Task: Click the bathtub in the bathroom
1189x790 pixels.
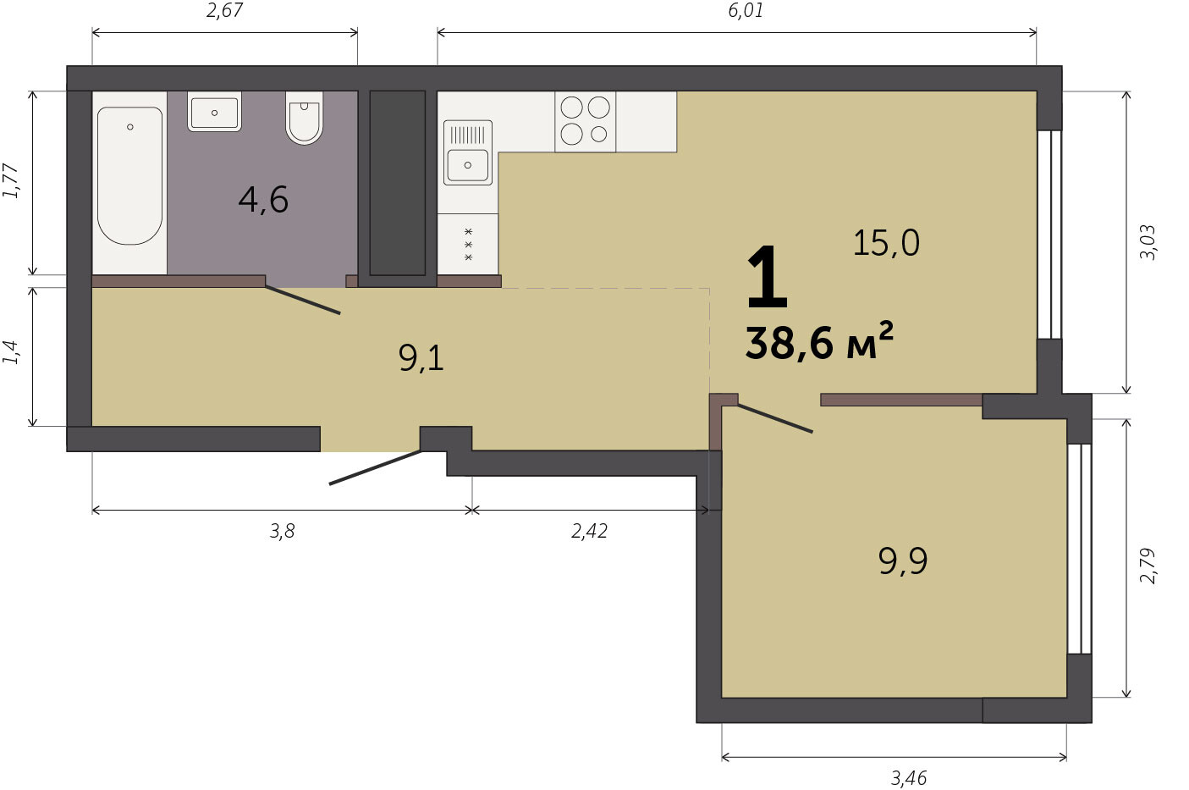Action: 130,176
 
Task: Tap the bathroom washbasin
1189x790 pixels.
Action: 214,112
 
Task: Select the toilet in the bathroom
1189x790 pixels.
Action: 304,118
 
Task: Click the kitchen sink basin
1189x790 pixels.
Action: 468,165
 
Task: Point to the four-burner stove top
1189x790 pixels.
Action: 586,122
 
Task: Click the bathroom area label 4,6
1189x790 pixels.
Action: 263,201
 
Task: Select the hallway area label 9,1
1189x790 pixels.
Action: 421,358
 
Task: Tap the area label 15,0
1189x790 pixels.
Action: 886,243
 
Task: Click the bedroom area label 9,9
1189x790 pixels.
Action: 902,561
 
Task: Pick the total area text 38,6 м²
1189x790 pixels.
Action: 819,341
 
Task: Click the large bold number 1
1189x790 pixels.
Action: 767,278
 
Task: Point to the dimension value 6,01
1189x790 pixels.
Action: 746,11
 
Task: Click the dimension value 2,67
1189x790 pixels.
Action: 224,11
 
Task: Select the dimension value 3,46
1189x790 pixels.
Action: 908,778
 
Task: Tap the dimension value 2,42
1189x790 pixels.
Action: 589,531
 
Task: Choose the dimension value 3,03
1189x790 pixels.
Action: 1147,242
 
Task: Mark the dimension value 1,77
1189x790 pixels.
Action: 11,181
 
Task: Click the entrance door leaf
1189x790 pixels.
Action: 376,467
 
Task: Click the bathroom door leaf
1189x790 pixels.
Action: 303,301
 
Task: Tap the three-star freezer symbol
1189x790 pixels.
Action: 468,245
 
